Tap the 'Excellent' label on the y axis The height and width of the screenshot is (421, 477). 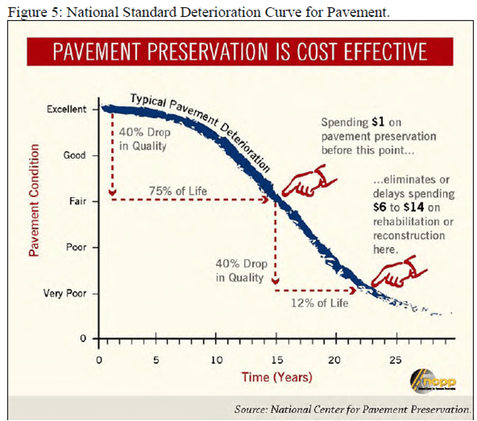(x=66, y=108)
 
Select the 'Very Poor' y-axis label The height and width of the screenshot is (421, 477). (x=65, y=293)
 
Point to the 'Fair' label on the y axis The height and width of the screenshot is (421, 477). (x=75, y=201)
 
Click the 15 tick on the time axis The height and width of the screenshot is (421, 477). (x=275, y=359)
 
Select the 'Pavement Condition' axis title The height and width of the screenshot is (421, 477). (x=35, y=200)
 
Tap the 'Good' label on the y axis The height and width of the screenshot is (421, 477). (x=75, y=155)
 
